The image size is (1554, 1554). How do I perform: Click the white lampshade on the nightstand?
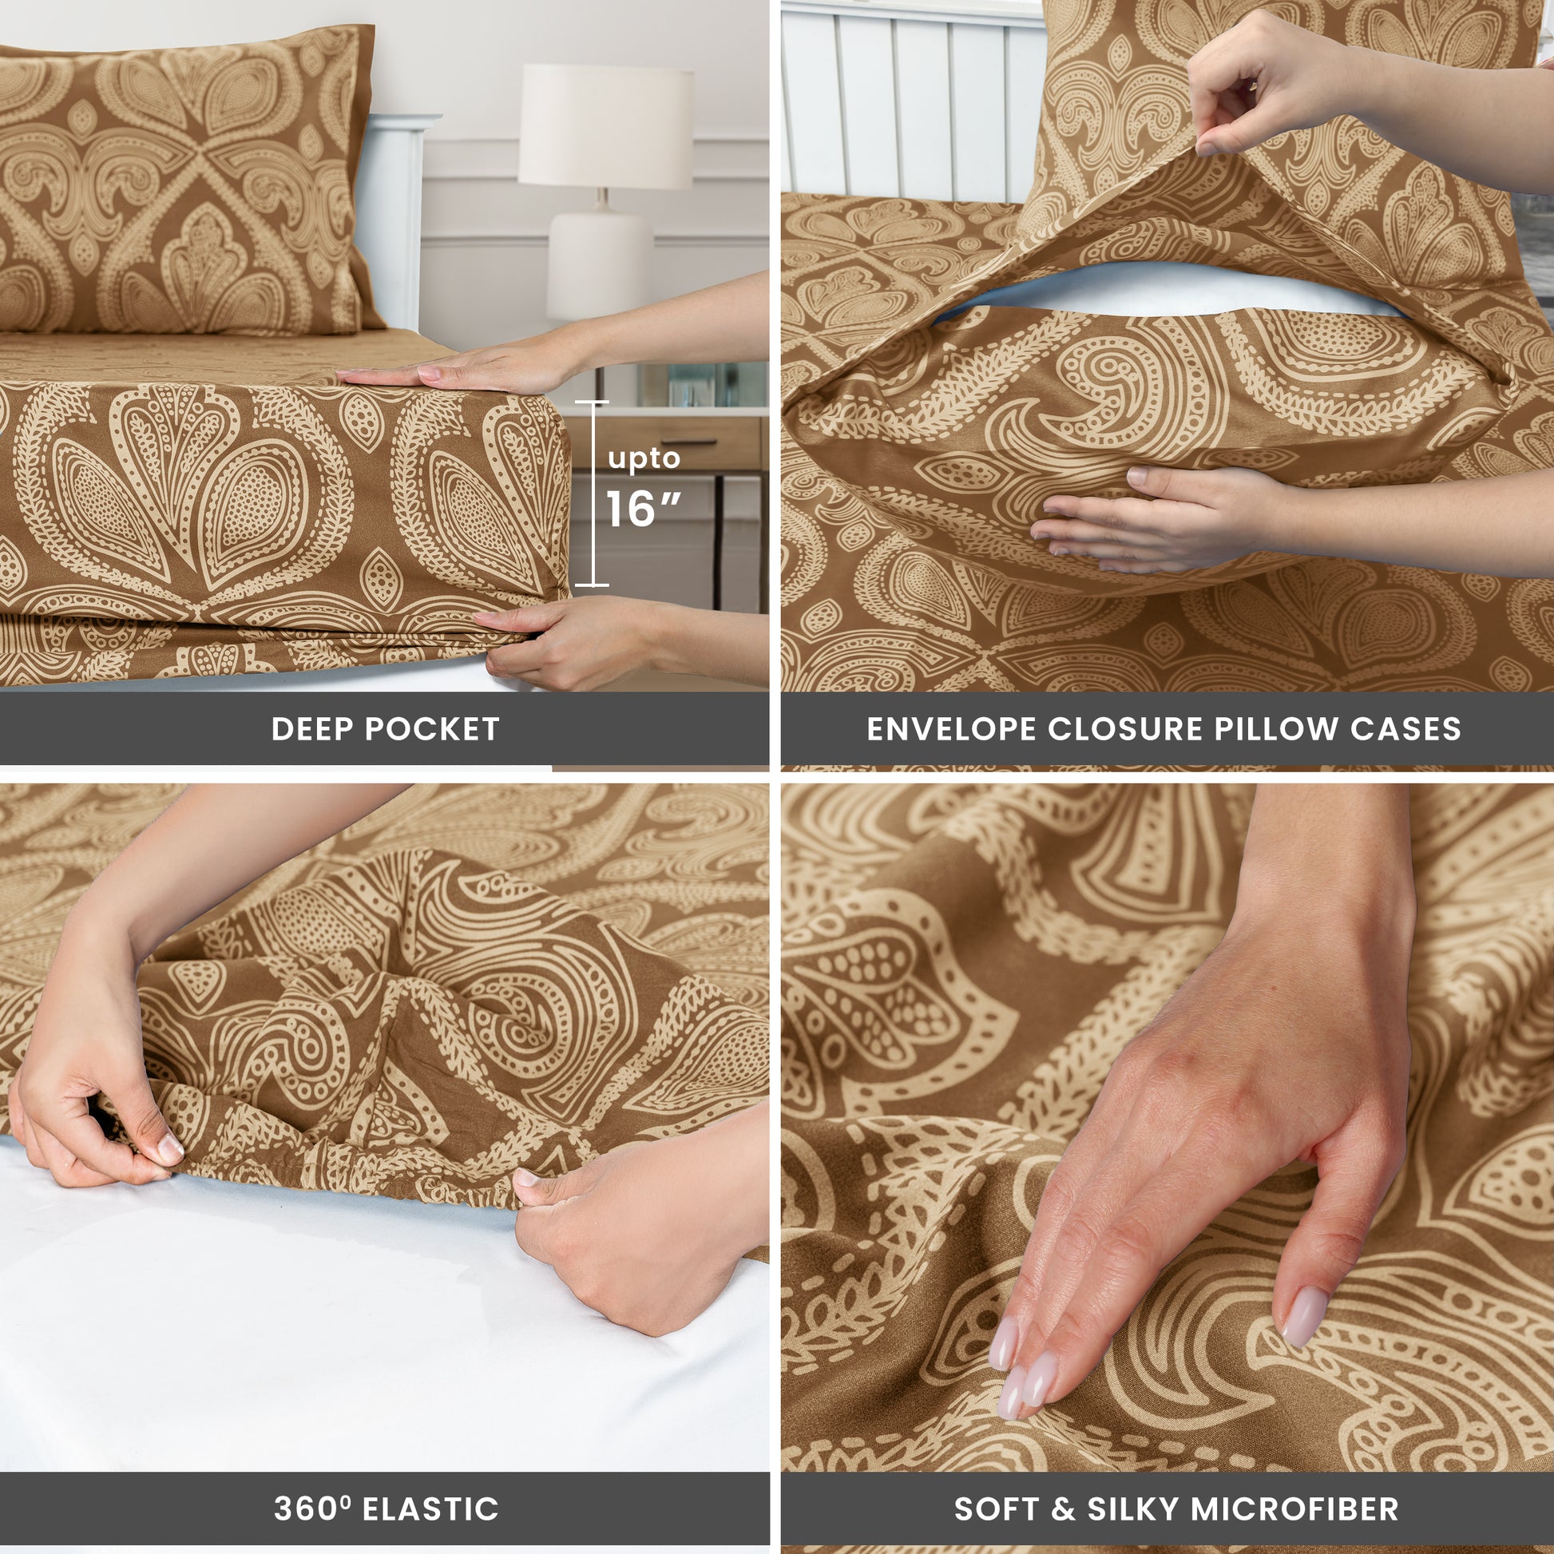tap(605, 125)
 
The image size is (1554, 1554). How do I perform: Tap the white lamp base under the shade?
tap(599, 257)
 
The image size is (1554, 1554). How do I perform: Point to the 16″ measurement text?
tap(643, 509)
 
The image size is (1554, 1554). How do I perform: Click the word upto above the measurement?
tap(644, 459)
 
